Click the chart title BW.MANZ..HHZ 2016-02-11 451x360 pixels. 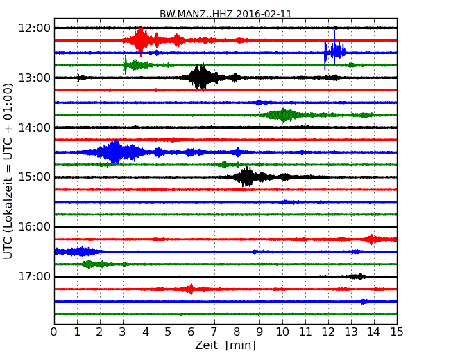[x=225, y=13]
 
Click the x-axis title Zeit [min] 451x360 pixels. [x=225, y=345]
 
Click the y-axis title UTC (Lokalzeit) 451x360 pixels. [x=9, y=170]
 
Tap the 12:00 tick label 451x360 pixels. [x=35, y=28]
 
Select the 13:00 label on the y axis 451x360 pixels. [x=35, y=78]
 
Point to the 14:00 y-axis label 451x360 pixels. [x=35, y=127]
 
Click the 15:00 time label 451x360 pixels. [x=35, y=177]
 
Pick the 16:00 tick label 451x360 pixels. [x=35, y=227]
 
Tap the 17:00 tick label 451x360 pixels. [x=35, y=277]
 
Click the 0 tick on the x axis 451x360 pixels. [x=54, y=332]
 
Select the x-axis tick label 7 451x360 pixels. [x=214, y=332]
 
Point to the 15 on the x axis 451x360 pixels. [x=396, y=332]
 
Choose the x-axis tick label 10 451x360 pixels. [x=282, y=332]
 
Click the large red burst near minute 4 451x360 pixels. [x=141, y=40]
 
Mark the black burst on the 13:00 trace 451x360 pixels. [x=200, y=77]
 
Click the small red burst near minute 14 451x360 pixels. [x=373, y=240]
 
